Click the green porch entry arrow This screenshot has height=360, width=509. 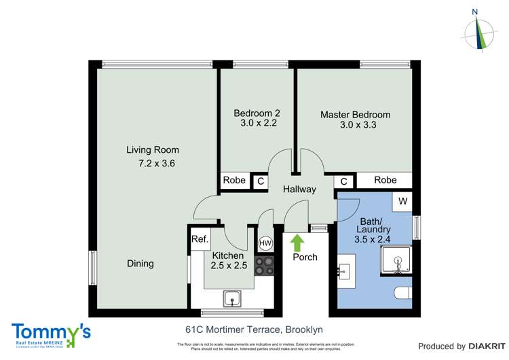coord(296,241)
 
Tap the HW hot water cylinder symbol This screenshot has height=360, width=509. coord(265,243)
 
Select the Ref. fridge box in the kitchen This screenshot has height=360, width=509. coord(200,239)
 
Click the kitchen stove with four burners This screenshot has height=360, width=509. coord(264,266)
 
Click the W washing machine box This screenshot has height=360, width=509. coord(402,201)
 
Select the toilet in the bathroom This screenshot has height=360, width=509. coord(403,293)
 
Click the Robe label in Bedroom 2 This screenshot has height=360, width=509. coord(234,181)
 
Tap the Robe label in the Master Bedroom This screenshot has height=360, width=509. coord(385,180)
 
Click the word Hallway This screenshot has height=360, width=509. coord(299,190)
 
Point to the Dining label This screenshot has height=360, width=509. coord(140,264)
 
